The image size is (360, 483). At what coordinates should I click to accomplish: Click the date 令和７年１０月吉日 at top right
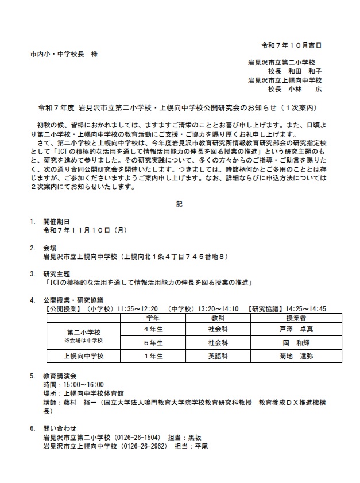point(291,44)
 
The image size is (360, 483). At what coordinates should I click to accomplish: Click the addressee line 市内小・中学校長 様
point(64,53)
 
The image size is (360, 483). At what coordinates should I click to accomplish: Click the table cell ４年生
point(153,329)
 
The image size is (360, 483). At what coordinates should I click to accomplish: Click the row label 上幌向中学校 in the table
point(83,356)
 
